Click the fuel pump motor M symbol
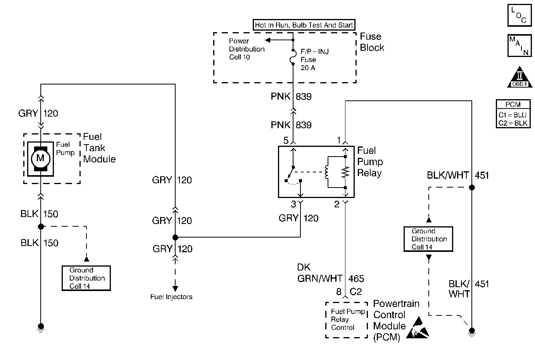pyautogui.click(x=40, y=158)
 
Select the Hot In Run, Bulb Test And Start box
pyautogui.click(x=304, y=25)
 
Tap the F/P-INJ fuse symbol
pyautogui.click(x=293, y=59)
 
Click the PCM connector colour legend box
pyautogui.click(x=513, y=114)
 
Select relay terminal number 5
pyautogui.click(x=286, y=141)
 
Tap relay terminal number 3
pyautogui.click(x=293, y=204)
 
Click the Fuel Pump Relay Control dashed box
pyautogui.click(x=346, y=320)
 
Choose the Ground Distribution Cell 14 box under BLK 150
pyautogui.click(x=86, y=278)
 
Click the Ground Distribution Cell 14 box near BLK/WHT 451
pyautogui.click(x=428, y=239)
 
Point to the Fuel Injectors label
pyautogui.click(x=171, y=297)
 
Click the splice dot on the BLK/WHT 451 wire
pyautogui.click(x=472, y=188)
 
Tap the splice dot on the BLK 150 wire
pyautogui.click(x=41, y=226)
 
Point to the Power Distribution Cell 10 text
pyautogui.click(x=247, y=49)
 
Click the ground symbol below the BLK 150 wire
pyautogui.click(x=41, y=327)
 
